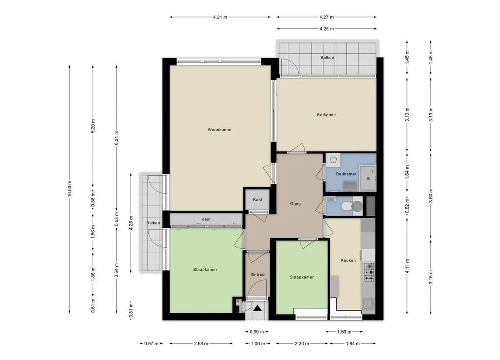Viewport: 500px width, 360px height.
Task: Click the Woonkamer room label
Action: (x=220, y=130)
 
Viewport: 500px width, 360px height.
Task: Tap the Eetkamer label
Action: (x=327, y=115)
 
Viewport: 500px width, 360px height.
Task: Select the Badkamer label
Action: (x=346, y=174)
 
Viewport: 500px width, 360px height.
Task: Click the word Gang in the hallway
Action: (x=295, y=204)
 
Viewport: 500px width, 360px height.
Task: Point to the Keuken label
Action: (x=348, y=260)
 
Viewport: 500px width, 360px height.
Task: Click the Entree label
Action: (x=258, y=274)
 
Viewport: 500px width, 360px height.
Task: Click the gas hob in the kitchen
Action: (x=369, y=272)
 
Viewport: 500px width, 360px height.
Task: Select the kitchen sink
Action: (x=368, y=304)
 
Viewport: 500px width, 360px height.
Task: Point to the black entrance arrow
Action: (x=257, y=308)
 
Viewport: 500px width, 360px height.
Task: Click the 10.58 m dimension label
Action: (x=69, y=189)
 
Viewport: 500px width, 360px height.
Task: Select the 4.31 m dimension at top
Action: (x=220, y=17)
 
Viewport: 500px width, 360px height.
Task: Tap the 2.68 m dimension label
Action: (x=201, y=344)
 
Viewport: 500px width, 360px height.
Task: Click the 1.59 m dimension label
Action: (x=344, y=332)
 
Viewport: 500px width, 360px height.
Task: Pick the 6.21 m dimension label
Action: (x=117, y=137)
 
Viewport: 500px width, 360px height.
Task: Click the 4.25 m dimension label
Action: (x=327, y=29)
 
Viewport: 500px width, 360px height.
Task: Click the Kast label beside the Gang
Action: (x=258, y=200)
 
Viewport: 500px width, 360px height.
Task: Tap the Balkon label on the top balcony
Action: (x=328, y=58)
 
